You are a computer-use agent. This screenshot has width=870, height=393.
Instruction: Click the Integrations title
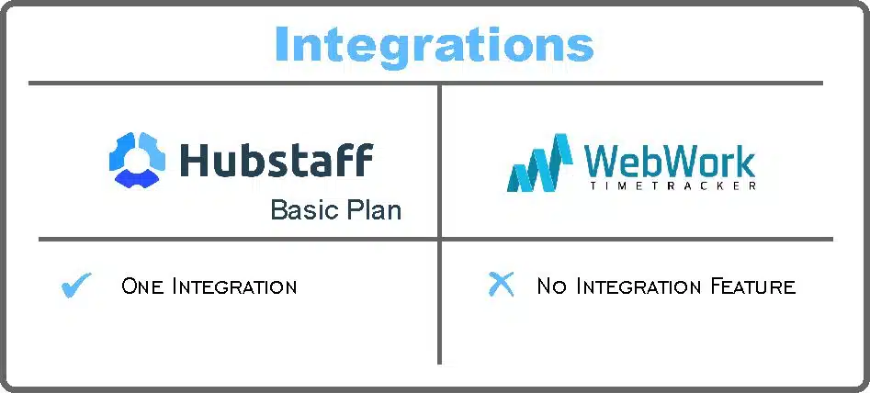(x=435, y=45)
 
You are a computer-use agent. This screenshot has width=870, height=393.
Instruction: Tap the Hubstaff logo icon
(x=138, y=160)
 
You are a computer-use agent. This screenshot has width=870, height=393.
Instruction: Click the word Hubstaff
(x=277, y=160)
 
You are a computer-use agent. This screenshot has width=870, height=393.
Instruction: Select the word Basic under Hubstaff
(x=303, y=210)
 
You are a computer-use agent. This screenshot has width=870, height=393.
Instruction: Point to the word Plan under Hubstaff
(x=372, y=210)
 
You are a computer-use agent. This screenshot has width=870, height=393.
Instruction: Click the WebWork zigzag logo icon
(x=539, y=163)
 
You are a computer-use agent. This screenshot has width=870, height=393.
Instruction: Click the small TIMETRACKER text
(x=672, y=186)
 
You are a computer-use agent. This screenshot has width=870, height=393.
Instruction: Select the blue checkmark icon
(x=76, y=285)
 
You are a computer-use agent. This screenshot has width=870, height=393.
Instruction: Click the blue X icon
(x=501, y=285)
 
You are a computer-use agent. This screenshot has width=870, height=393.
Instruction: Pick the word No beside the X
(x=551, y=286)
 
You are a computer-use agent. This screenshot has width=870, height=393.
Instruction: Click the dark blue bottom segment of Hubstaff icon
(x=138, y=177)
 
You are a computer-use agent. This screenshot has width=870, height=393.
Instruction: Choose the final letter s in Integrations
(x=581, y=50)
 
